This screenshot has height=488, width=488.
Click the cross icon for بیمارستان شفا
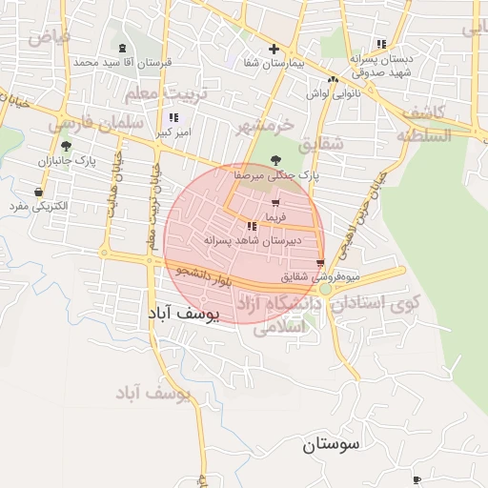point(274,49)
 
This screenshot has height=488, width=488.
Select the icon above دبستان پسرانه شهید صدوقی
point(381,44)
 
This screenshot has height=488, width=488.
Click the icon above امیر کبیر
point(173,117)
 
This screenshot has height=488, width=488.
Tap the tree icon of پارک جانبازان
point(65,146)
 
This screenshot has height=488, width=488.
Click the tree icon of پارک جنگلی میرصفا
point(276,160)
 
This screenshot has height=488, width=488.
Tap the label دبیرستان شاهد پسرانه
point(252,241)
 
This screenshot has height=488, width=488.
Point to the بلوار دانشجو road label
point(204,278)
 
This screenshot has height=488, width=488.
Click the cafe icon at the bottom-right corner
point(416,479)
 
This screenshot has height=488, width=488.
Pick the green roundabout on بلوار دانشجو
point(325,288)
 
